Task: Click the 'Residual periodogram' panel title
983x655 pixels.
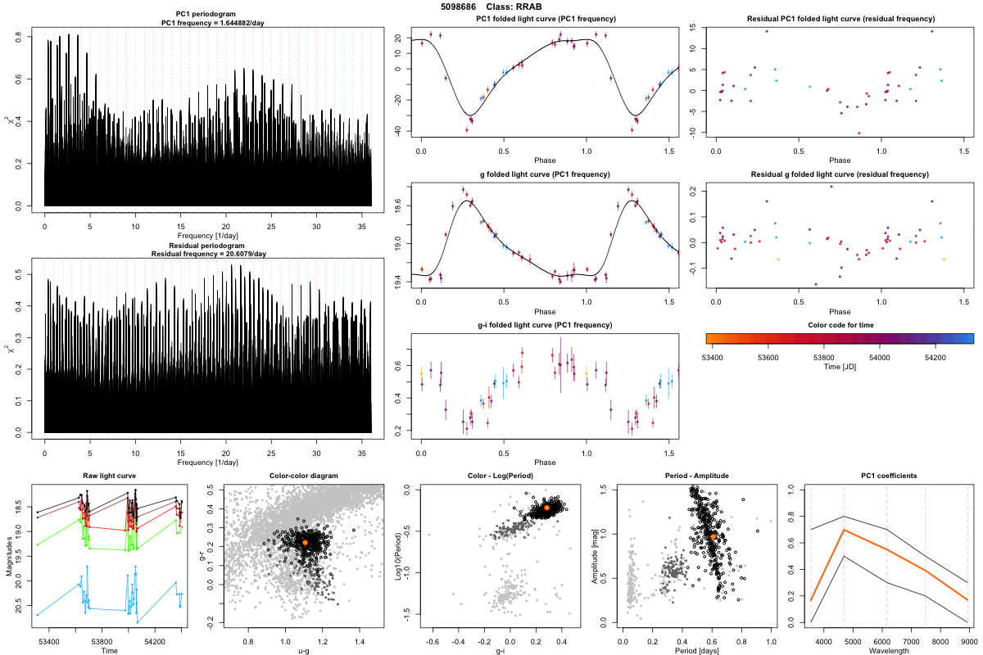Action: tap(208, 245)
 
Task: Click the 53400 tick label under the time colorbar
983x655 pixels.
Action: tap(719, 357)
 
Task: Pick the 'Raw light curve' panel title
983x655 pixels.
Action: tap(109, 476)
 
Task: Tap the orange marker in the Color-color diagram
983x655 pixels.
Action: tap(305, 542)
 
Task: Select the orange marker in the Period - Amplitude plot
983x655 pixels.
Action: tap(713, 536)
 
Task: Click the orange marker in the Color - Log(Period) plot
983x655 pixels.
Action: tap(547, 508)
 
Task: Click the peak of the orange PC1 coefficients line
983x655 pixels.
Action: tap(845, 531)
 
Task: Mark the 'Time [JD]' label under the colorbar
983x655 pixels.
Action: tap(840, 368)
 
